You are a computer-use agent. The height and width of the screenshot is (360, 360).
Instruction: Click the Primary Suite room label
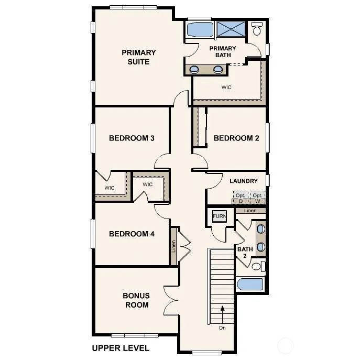point(139,57)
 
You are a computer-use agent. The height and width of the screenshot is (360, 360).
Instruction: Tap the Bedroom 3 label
point(132,138)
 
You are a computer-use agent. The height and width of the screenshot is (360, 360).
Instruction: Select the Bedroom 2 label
point(236,138)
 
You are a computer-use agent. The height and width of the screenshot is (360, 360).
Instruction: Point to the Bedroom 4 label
point(132,234)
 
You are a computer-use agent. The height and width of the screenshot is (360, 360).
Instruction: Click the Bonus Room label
point(136,300)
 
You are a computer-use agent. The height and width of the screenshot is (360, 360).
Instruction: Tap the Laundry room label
point(244,181)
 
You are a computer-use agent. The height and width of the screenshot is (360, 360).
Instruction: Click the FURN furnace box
point(220,216)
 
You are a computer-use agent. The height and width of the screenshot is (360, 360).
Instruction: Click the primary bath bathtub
point(200,29)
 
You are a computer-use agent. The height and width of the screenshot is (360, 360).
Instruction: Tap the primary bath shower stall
point(231,29)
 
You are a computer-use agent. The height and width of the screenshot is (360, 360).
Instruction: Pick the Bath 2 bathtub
point(250,285)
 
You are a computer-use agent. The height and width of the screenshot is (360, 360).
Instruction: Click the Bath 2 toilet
point(258,267)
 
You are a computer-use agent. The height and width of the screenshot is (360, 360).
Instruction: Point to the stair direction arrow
point(222,312)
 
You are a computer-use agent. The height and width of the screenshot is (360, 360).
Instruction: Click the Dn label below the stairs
point(222,328)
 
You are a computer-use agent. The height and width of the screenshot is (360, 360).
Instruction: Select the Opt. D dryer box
point(241,198)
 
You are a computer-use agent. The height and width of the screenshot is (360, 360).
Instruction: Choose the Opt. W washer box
point(258,198)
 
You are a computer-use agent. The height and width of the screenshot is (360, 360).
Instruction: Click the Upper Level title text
point(121,348)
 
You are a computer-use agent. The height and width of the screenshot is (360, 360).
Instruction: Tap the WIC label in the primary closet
point(226,87)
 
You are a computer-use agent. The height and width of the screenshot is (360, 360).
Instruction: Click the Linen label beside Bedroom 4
point(173,246)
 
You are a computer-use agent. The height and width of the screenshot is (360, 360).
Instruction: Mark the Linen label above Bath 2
point(250,211)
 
